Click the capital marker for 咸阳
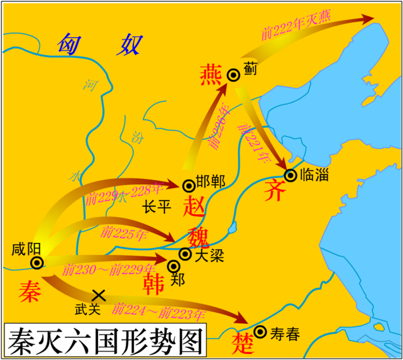[37, 262]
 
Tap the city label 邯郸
[208, 185]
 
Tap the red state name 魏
[198, 237]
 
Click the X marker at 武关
[98, 295]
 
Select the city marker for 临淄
[291, 175]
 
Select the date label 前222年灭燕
[297, 26]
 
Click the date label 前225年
[123, 232]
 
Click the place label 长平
[157, 208]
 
